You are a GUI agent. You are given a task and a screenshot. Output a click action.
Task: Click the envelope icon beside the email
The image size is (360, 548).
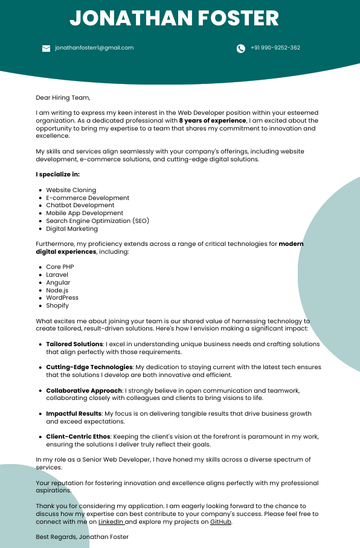tap(46, 48)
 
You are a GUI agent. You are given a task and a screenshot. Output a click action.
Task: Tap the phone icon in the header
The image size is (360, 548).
tap(241, 48)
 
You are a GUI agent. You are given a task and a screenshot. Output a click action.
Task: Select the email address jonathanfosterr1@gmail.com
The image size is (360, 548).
tap(94, 48)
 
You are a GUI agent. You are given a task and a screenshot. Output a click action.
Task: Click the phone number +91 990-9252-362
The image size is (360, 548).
tap(275, 48)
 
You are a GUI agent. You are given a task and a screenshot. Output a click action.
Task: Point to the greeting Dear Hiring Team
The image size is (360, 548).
tap(63, 97)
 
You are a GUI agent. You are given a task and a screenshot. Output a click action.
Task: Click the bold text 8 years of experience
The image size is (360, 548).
tap(213, 121)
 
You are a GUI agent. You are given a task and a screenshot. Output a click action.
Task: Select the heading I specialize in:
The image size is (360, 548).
tap(57, 175)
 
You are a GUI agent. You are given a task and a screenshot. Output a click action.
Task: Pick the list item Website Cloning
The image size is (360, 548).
tap(71, 190)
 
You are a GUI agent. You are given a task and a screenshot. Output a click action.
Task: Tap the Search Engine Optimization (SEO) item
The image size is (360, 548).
tap(97, 221)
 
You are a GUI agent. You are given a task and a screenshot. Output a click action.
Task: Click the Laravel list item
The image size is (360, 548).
tap(58, 274)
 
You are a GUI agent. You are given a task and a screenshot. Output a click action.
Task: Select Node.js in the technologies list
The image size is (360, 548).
tap(57, 290)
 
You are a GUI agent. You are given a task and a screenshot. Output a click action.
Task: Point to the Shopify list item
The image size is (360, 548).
tap(57, 306)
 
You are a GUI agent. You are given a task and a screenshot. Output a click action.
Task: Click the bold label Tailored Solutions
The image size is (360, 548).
tap(74, 344)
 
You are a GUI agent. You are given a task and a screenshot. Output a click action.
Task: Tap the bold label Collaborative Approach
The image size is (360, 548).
tap(84, 390)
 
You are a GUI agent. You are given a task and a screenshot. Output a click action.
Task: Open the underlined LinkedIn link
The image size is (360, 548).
tap(111, 521)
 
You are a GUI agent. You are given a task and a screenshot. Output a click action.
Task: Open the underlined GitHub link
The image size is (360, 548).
tap(220, 521)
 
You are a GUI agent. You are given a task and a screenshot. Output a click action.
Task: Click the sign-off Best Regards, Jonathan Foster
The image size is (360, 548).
tap(82, 537)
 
